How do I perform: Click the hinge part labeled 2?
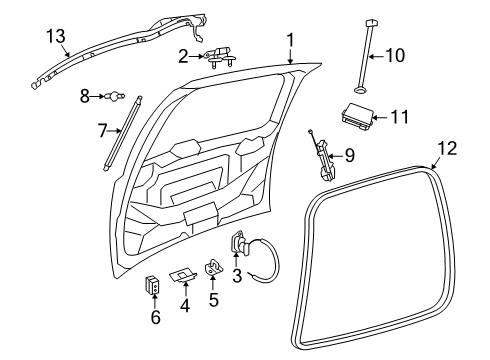click(222, 57)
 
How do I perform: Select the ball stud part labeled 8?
click(122, 96)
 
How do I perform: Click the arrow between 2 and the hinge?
click(198, 56)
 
